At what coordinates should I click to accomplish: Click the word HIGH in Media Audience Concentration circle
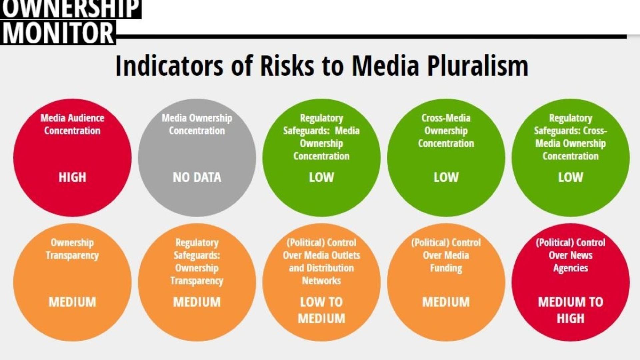(72, 177)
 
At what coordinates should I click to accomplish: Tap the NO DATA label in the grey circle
(197, 177)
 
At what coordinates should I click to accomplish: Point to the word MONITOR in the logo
(58, 33)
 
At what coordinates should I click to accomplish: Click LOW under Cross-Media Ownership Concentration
(446, 177)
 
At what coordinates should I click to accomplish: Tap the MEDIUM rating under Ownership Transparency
(72, 302)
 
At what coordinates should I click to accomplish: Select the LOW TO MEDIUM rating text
(321, 310)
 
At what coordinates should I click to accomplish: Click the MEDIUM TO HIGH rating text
(571, 310)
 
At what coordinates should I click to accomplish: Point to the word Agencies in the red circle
(571, 268)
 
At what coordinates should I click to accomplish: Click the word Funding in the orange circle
(446, 268)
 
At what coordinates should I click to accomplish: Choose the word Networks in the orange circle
(321, 281)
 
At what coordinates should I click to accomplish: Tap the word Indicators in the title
(169, 66)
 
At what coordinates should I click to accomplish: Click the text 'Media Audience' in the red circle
(72, 118)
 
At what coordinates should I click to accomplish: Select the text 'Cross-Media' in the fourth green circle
(446, 118)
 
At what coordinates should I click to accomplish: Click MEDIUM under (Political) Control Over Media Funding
(446, 302)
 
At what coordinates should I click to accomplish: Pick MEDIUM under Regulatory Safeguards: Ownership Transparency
(197, 302)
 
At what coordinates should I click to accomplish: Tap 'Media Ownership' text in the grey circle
(197, 118)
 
